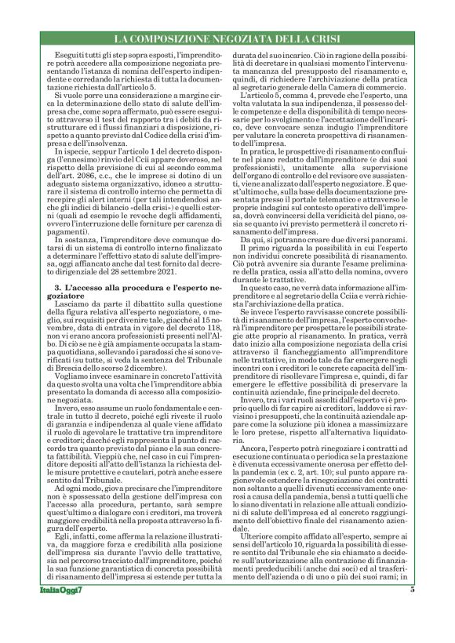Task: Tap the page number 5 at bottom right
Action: pos(412,612)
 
